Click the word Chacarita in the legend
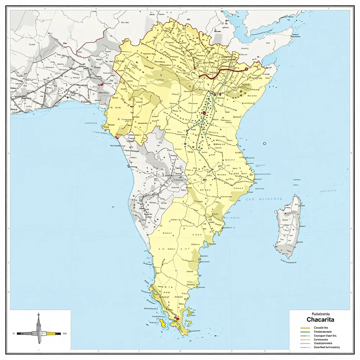click(320, 320)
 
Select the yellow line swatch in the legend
click(305, 328)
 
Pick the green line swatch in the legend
click(305, 332)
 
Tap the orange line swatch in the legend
click(305, 336)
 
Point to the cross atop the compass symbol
click(39, 315)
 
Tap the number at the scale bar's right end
click(65, 333)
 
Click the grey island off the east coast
click(288, 227)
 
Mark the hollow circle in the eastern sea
click(264, 143)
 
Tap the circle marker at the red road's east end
click(246, 69)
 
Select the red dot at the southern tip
click(178, 319)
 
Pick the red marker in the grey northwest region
click(102, 84)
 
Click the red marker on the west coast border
click(117, 138)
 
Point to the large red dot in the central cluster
click(204, 113)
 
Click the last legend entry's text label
click(327, 347)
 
